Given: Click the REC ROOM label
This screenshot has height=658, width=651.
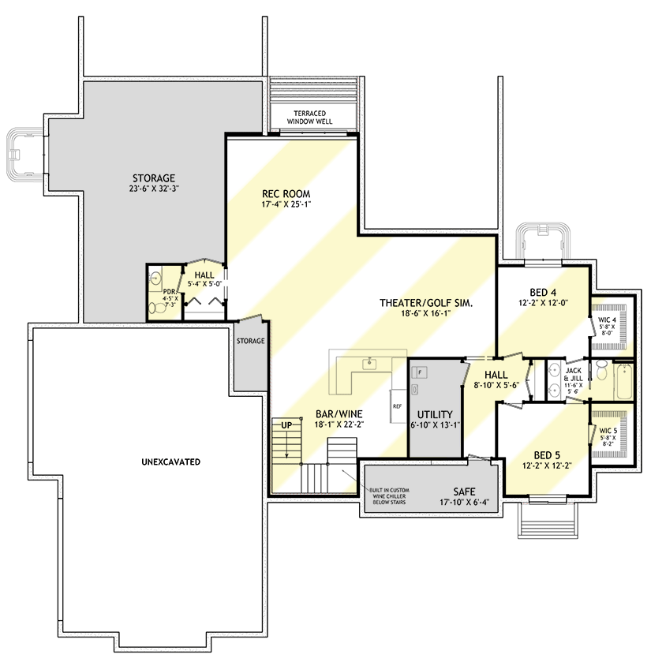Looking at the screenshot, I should [286, 193].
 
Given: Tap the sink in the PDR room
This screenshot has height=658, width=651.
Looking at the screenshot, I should [155, 279].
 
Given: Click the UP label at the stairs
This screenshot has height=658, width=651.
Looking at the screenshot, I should [286, 424].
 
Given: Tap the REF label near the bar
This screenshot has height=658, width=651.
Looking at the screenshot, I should [398, 406].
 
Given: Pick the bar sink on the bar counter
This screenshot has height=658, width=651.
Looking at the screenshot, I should [368, 364].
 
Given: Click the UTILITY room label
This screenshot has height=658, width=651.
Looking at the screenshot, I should [435, 414].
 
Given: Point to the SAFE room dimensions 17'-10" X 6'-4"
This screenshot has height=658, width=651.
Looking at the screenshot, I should [469, 502].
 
